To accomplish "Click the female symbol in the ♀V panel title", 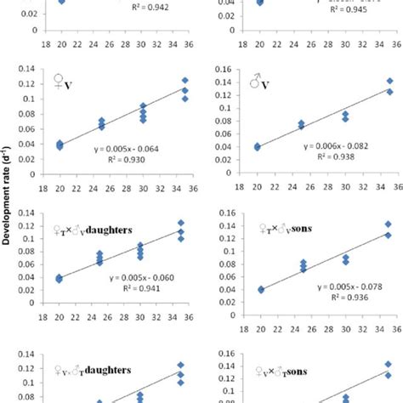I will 59,82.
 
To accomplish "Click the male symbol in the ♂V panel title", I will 255,84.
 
